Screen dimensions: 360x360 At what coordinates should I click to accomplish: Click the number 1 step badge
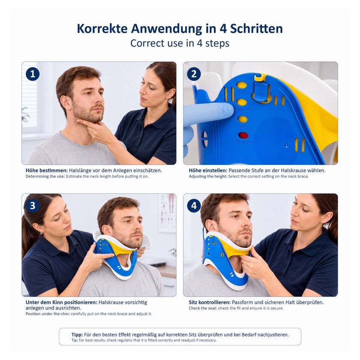[x=33, y=74]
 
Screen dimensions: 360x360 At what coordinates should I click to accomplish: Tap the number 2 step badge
[x=194, y=74]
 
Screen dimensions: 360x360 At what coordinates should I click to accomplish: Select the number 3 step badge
[x=33, y=205]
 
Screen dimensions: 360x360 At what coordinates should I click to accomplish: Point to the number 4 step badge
[x=194, y=205]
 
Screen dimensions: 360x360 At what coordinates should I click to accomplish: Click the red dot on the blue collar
[x=243, y=135]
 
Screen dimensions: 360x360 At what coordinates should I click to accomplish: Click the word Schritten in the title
[x=256, y=29]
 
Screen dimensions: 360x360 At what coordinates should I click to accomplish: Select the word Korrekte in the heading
[x=102, y=29]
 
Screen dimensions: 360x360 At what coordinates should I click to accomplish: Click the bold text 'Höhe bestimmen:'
[x=47, y=171]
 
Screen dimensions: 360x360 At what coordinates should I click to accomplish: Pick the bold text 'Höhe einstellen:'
[x=208, y=171]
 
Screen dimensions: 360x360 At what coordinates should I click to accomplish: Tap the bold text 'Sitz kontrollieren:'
[x=210, y=303]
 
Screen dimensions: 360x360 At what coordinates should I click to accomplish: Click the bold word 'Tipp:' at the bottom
[x=77, y=335]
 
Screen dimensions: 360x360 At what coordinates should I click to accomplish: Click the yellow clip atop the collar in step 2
[x=260, y=78]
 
